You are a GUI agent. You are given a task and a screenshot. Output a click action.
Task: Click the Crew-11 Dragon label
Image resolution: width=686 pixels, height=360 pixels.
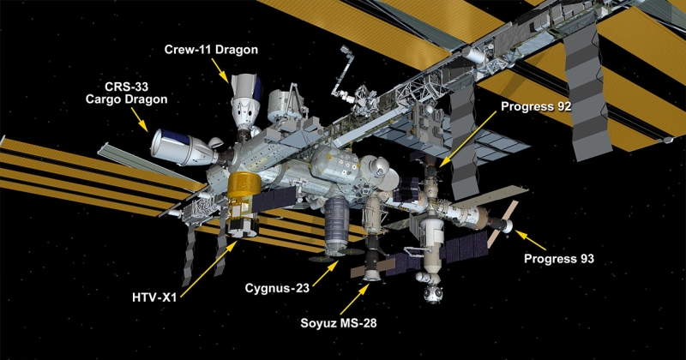click(210, 50)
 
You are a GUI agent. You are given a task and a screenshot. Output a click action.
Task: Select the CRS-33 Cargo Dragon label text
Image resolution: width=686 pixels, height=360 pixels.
click(125, 93)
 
